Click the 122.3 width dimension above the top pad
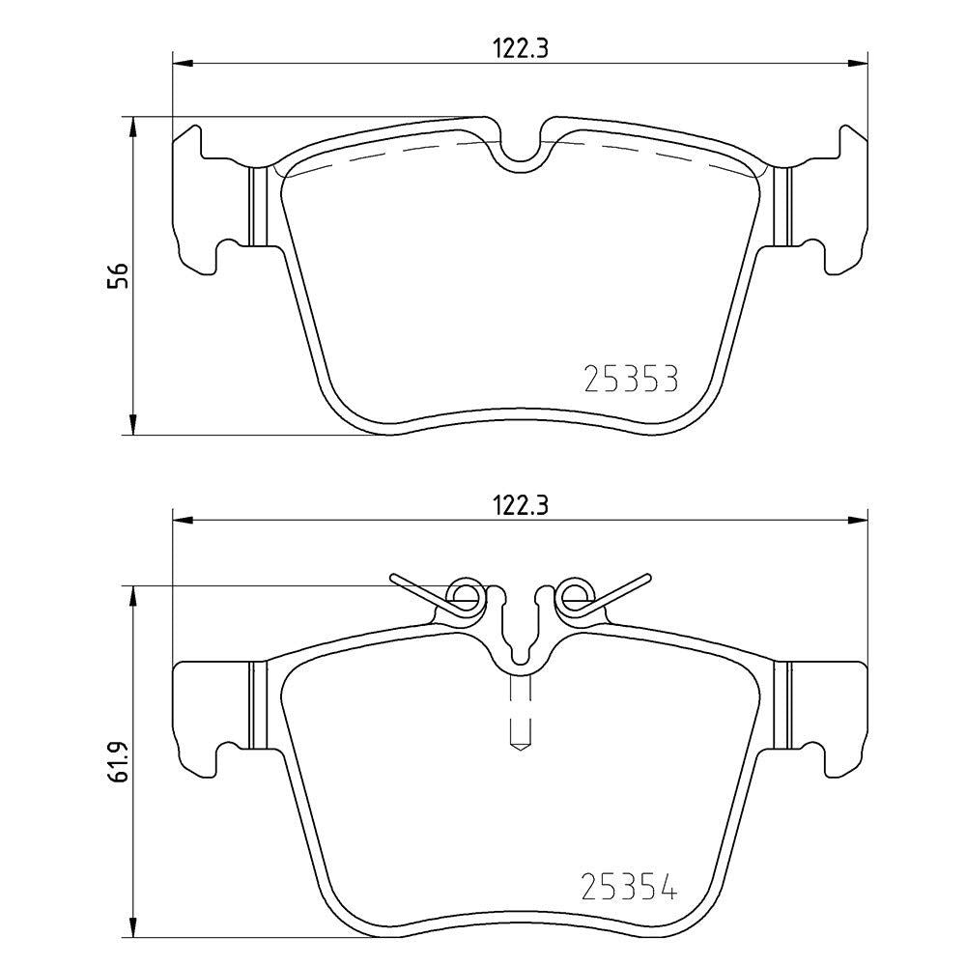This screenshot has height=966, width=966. tap(520, 48)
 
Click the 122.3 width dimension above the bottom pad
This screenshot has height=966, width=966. tap(520, 505)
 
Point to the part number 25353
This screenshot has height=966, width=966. tap(631, 379)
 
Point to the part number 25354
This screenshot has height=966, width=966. tap(630, 886)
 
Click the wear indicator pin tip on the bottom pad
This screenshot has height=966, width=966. tap(521, 748)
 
